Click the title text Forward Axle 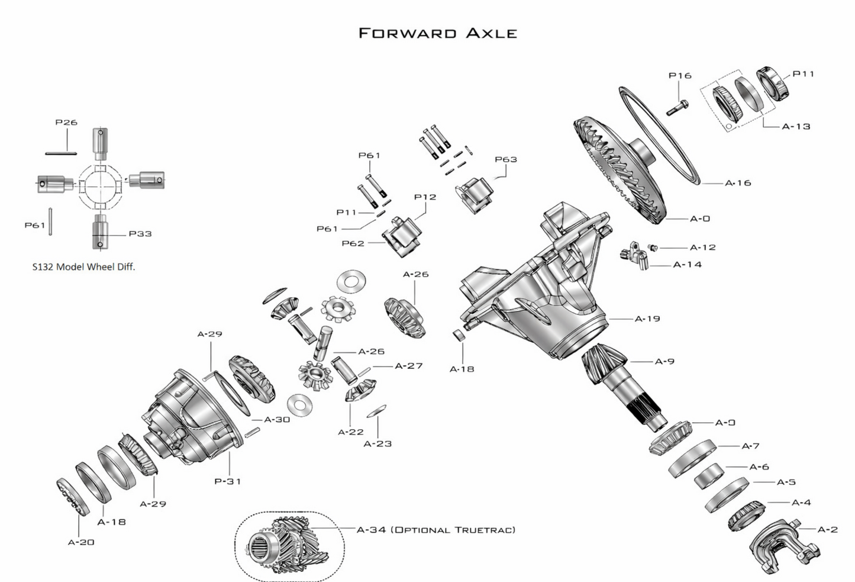438,33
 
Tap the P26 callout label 66,123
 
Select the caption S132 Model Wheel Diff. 83,267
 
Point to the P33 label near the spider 140,234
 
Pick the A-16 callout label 738,183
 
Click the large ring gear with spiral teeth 618,172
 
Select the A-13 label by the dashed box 796,126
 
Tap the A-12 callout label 703,247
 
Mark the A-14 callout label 688,265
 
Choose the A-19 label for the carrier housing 647,319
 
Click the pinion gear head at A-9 604,362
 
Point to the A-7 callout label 750,446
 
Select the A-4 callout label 801,503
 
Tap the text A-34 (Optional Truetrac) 436,529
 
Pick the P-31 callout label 228,481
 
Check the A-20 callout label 81,542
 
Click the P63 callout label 506,159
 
